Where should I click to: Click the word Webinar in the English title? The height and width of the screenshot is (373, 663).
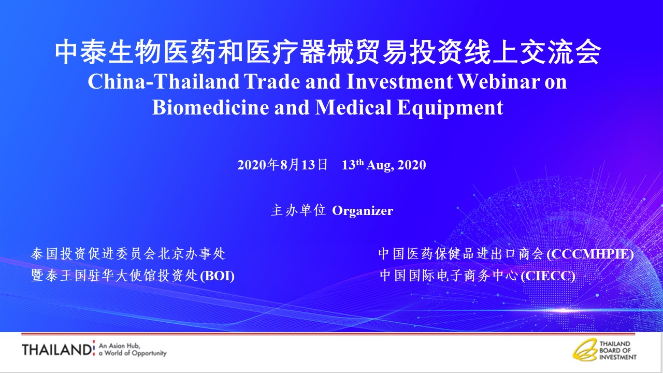pyautogui.click(x=499, y=81)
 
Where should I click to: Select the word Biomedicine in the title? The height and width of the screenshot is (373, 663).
pyautogui.click(x=210, y=107)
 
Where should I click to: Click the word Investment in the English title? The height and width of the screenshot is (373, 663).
pyautogui.click(x=399, y=81)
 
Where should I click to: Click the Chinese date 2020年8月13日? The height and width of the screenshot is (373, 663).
pyautogui.click(x=283, y=165)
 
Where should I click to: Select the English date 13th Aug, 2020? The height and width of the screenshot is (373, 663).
pyautogui.click(x=384, y=165)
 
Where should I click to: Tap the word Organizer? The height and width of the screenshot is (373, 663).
pyautogui.click(x=363, y=211)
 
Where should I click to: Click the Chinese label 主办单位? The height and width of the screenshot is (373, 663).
pyautogui.click(x=298, y=210)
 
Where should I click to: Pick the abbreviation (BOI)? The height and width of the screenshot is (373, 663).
pyautogui.click(x=218, y=276)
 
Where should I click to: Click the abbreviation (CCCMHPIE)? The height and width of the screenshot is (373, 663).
pyautogui.click(x=590, y=254)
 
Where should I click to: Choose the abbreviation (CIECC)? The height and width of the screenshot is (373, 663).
pyautogui.click(x=548, y=276)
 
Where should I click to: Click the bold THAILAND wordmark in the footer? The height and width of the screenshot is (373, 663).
pyautogui.click(x=57, y=350)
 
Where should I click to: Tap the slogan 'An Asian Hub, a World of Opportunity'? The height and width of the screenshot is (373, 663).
pyautogui.click(x=133, y=349)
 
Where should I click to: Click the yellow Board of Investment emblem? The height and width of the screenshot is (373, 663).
pyautogui.click(x=585, y=350)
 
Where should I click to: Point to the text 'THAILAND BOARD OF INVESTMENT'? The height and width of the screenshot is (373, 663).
pyautogui.click(x=618, y=351)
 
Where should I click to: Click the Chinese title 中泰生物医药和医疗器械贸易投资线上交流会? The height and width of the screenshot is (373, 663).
pyautogui.click(x=328, y=52)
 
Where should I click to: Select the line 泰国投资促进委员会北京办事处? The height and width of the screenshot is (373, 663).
pyautogui.click(x=128, y=254)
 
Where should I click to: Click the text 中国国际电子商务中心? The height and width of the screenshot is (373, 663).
pyautogui.click(x=449, y=276)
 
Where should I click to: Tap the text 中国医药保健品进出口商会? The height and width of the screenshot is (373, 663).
pyautogui.click(x=462, y=254)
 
